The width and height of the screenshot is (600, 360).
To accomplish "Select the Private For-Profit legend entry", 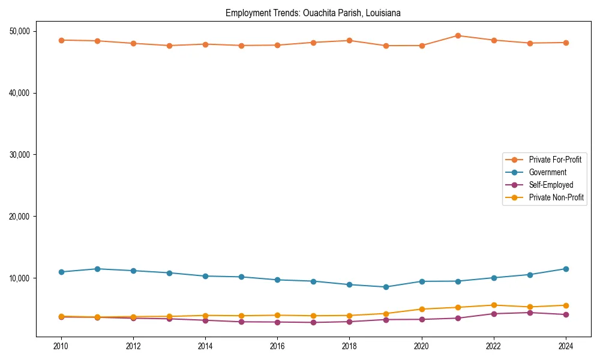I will [555, 160].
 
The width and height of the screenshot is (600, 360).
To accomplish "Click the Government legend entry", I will [547, 172].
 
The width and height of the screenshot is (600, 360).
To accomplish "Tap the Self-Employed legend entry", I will [551, 185].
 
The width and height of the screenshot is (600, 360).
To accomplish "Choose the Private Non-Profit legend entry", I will [556, 197].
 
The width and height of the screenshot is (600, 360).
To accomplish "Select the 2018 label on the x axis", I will [349, 347].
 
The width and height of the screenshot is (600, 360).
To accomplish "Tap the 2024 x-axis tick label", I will [566, 347].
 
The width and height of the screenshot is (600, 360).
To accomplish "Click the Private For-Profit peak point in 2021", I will [458, 35].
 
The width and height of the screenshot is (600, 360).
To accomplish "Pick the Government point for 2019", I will [386, 287].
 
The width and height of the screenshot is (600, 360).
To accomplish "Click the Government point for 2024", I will [566, 269].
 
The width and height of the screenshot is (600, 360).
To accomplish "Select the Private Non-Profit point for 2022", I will [494, 305].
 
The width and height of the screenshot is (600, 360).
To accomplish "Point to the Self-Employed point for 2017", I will [313, 323].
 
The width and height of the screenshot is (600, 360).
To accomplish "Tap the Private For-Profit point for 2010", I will [61, 40].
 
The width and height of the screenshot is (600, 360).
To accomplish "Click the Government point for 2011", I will [97, 269].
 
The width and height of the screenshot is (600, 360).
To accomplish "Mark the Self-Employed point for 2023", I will [530, 313].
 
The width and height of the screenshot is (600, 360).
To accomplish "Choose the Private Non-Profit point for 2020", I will [422, 309].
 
